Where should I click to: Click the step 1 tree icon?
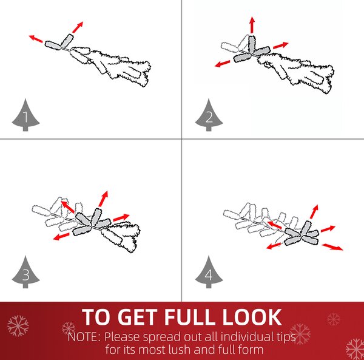pos(25,116)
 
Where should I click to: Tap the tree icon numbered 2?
pos(209,116)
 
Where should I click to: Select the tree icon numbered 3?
pos(25,273)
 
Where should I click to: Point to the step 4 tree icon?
pos(209,273)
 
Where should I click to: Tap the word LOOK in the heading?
pos(252,317)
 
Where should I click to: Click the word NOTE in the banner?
pos(83,337)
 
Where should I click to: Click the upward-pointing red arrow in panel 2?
pos(252,25)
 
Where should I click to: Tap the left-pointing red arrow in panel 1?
pos(36,39)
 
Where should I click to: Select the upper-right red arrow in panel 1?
pos(78,27)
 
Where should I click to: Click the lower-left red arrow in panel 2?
pos(223,64)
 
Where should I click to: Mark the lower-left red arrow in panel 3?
pos(61,236)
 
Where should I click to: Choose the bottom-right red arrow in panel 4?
pos(332,247)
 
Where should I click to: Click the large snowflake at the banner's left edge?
pos(18,326)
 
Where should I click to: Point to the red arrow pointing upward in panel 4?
pos(314,212)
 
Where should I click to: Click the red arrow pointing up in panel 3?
pos(103,199)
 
